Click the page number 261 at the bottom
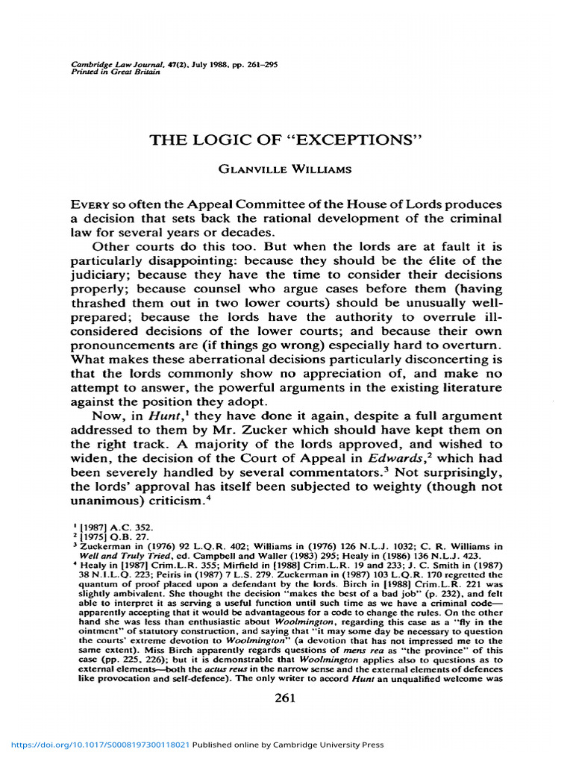pos(286,698)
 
